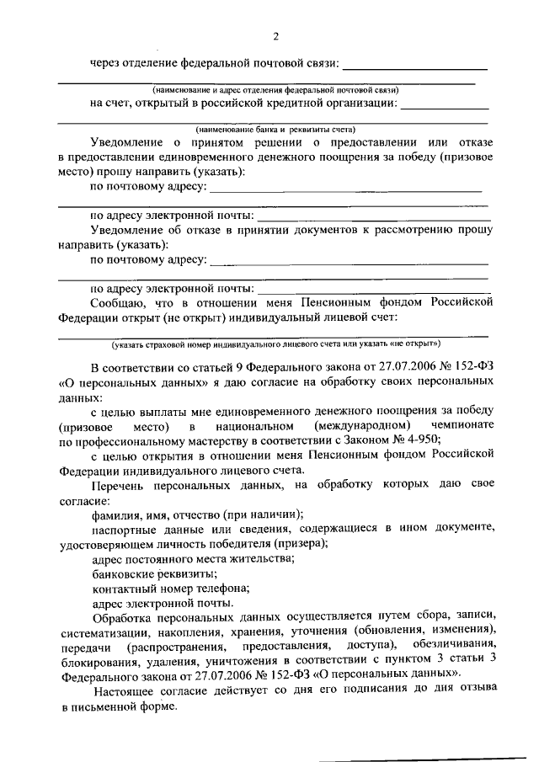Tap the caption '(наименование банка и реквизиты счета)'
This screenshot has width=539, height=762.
(x=275, y=130)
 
